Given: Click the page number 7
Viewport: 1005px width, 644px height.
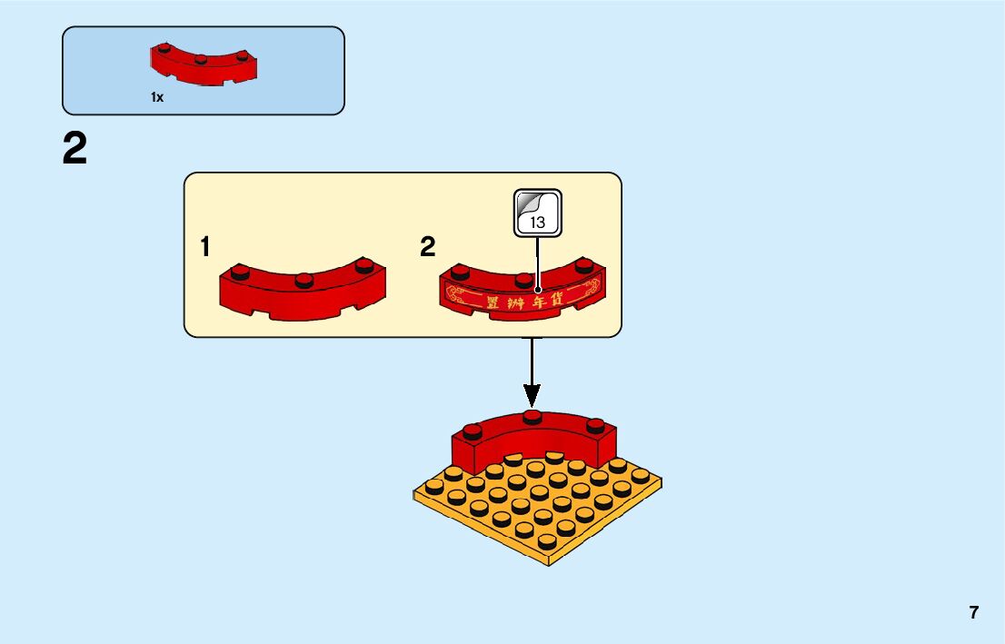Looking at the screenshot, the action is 974,612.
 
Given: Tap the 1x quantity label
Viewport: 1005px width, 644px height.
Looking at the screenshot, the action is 157,97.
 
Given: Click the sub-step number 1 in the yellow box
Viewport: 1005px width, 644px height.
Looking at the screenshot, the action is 206,246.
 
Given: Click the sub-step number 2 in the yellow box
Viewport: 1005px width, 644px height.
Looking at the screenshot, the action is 428,246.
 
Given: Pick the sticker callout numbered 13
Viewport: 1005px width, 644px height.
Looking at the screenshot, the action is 538,214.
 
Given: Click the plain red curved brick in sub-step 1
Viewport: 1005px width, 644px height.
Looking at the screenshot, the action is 303,295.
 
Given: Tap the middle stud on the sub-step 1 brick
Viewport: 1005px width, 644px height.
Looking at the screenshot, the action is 304,279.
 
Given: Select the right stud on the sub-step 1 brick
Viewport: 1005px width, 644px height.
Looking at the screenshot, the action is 365,265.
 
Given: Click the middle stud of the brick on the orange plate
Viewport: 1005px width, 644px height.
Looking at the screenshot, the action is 532,418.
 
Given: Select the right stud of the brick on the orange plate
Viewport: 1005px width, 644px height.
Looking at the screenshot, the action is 595,424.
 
